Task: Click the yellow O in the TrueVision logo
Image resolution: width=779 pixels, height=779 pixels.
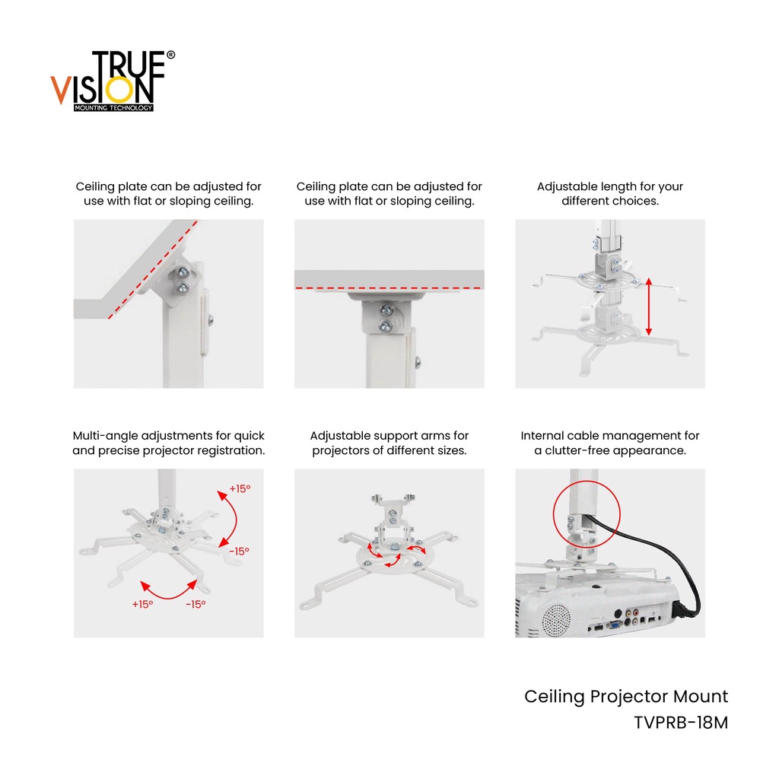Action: (119, 91)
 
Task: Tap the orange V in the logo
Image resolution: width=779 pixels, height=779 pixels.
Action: (60, 90)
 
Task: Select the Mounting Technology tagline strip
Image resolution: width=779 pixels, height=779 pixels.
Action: (113, 108)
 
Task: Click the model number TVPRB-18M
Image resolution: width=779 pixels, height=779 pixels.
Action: (681, 723)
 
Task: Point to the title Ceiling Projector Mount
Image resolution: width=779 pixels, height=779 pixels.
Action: (626, 697)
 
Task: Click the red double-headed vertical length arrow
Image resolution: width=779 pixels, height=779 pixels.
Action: (648, 307)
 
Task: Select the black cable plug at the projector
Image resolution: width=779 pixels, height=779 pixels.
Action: (682, 609)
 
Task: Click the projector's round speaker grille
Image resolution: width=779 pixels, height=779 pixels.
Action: (556, 620)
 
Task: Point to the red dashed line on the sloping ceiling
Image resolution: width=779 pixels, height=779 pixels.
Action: (152, 269)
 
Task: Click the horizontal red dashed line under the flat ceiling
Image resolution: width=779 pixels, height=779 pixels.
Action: (389, 288)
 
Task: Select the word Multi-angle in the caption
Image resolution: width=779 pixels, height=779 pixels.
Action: (105, 436)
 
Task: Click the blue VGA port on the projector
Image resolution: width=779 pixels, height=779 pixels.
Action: (615, 625)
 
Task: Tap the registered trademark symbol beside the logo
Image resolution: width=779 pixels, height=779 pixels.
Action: (170, 55)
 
